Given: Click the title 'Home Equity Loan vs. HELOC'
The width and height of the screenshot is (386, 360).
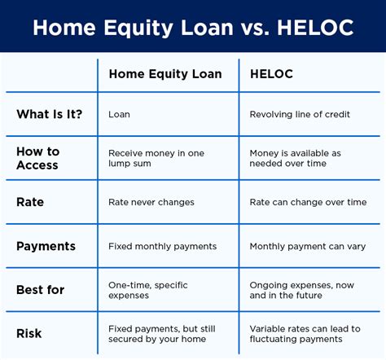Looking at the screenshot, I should tap(193, 27).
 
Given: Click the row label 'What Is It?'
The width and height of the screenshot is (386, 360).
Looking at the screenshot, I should tap(50, 115).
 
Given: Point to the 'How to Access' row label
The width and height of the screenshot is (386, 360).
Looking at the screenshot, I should tap(38, 159).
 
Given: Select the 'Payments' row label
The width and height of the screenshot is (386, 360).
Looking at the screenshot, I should tap(46, 246).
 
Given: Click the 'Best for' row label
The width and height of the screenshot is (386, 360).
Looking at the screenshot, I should tap(42, 290).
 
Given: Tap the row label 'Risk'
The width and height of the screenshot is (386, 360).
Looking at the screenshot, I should tap(30, 333).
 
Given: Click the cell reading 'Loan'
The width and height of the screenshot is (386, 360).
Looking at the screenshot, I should tap(119, 115).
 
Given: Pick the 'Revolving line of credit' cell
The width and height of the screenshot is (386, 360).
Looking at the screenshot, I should tap(300, 115).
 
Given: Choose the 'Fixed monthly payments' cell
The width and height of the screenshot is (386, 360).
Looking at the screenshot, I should tap(162, 246).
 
